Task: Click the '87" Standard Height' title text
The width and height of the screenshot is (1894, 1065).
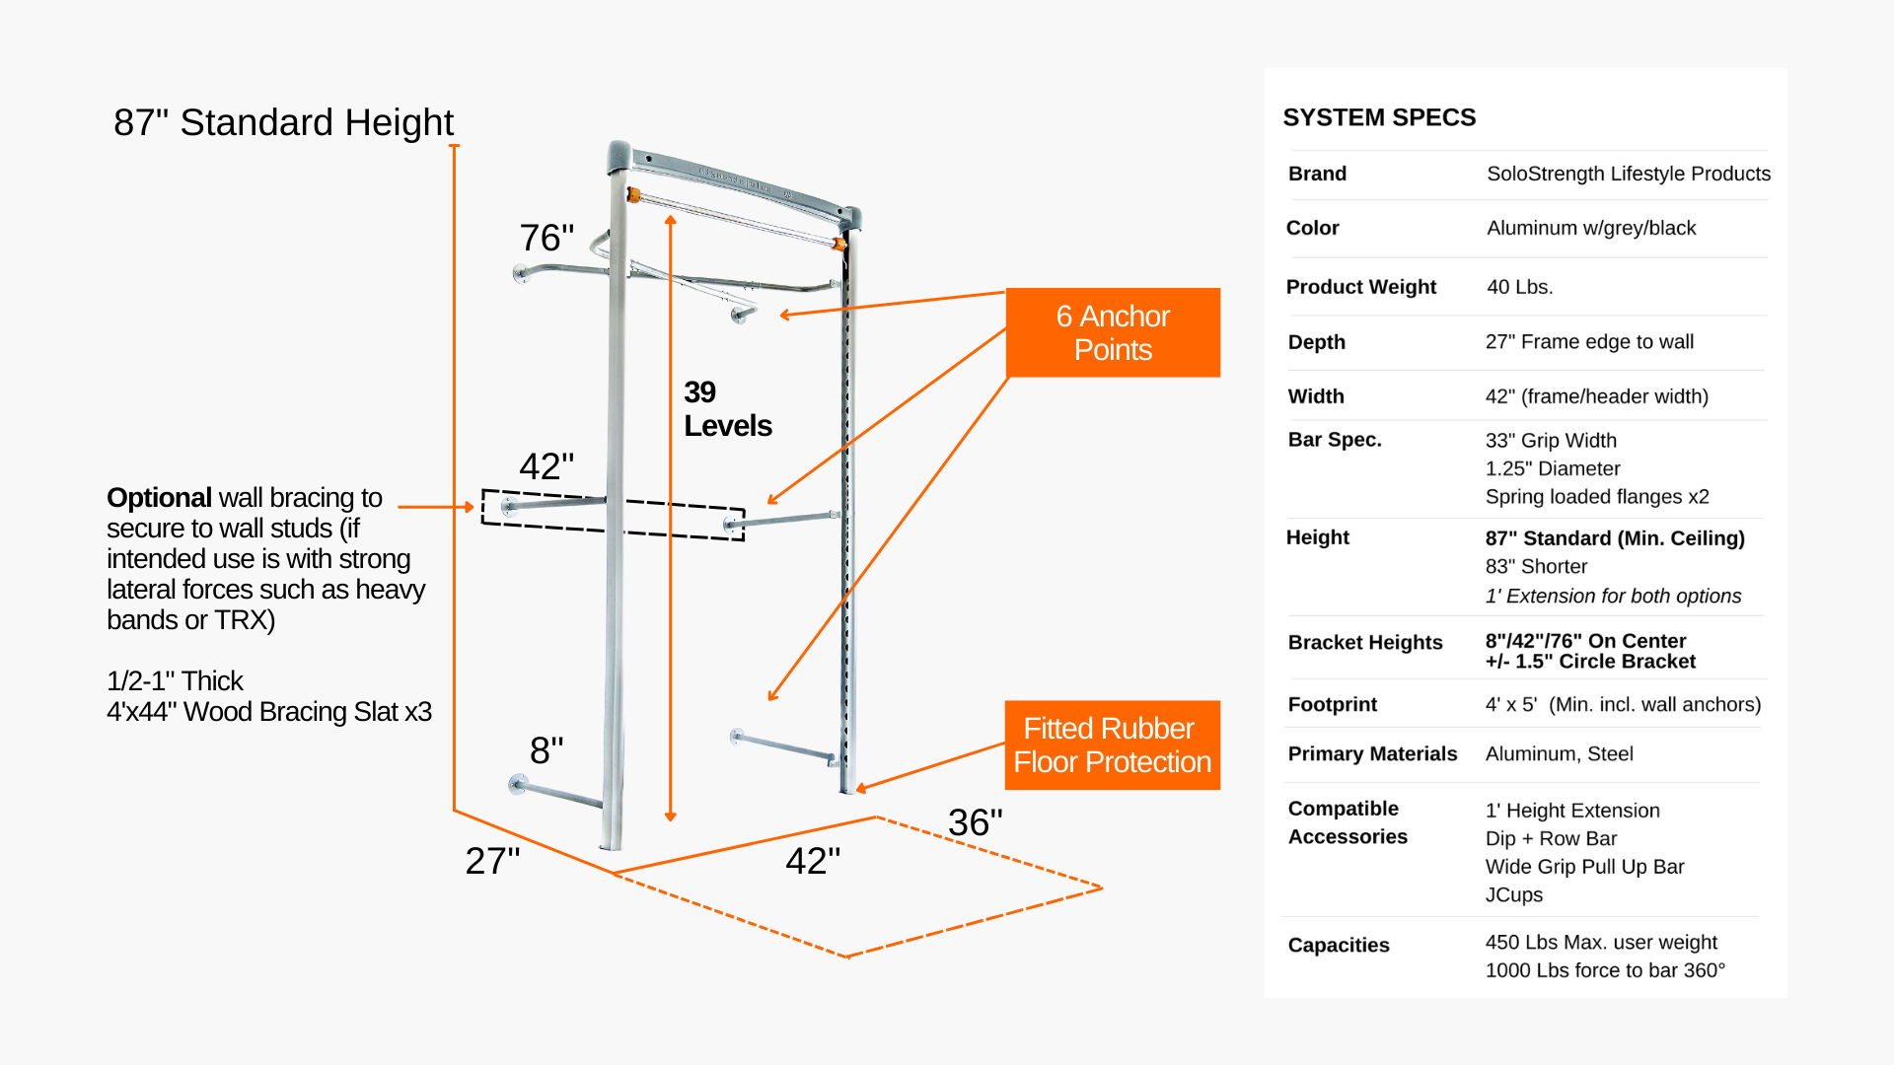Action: coord(283,123)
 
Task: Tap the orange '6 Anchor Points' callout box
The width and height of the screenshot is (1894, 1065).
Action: coord(1113,333)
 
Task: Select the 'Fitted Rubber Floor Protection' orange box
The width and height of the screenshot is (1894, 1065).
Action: coord(1112,745)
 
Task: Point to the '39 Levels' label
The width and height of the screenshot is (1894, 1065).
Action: coord(727,409)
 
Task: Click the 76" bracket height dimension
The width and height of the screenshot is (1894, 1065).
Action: coord(546,238)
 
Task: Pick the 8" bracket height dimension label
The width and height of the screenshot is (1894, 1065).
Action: coord(546,750)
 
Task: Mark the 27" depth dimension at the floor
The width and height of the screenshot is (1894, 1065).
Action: coord(492,861)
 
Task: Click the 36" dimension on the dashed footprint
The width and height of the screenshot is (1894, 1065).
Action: coord(975,822)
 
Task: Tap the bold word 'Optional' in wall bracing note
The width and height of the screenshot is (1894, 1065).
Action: coord(159,498)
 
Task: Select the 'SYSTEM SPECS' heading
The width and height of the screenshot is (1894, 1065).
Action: coord(1379,117)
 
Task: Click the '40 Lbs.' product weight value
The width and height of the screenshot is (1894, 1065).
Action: coord(1519,287)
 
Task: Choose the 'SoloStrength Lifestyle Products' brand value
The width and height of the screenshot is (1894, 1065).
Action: coord(1628,174)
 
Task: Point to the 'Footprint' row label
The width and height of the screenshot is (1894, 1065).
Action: coord(1332,704)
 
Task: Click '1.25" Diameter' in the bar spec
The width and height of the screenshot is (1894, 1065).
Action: coord(1553,468)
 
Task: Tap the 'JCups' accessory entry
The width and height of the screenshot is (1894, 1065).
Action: coord(1513,894)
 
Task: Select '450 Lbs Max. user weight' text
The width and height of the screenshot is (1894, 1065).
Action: coord(1600,942)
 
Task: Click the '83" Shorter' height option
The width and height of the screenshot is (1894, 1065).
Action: coord(1536,567)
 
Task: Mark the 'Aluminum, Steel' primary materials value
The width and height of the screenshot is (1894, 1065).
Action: coord(1559,753)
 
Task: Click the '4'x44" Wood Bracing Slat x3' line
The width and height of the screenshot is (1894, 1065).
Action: coord(269,712)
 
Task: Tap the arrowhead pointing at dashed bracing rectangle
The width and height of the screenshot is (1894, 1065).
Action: coord(470,507)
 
